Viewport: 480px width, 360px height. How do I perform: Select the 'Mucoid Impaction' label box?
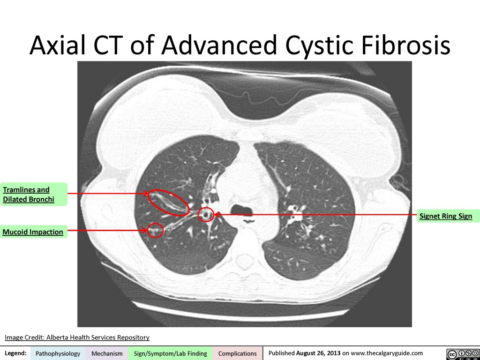33,232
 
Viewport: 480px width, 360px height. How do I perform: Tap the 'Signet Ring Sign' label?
446,216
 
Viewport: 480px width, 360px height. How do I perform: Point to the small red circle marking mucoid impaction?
155,230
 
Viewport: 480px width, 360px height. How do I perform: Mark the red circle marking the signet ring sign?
206,215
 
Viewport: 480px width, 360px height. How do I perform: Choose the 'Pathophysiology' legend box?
58,353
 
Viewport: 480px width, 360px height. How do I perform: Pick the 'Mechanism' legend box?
107,353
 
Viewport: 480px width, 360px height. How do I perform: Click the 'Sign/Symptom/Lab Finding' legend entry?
170,353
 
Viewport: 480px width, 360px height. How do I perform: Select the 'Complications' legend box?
237,353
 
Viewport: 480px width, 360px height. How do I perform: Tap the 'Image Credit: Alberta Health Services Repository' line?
77,337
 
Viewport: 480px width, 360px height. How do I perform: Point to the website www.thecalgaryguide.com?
387,353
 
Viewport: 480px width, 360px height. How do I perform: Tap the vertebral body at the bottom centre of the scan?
244,258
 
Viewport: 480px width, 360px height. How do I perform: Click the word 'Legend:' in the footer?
15,353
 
